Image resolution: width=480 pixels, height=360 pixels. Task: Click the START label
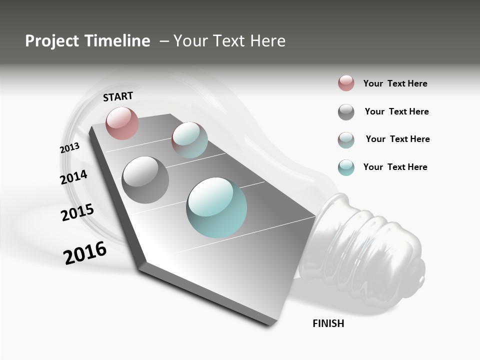[x=118, y=96]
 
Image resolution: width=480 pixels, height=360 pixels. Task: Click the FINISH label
[x=328, y=323]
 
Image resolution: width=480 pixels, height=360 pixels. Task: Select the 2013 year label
[x=69, y=148]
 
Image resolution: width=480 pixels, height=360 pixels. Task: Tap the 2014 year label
[x=73, y=177]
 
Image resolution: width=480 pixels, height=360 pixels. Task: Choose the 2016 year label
[x=85, y=253]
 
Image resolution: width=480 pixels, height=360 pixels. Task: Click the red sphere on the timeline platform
[x=122, y=123]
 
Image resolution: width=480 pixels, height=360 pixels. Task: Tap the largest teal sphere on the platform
[x=216, y=207]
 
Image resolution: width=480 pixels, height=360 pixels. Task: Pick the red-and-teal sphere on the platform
[x=189, y=139]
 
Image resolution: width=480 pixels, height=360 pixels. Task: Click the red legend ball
[x=346, y=83]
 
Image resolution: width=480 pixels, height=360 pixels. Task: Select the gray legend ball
[x=346, y=112]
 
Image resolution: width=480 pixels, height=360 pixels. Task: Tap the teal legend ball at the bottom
[x=346, y=167]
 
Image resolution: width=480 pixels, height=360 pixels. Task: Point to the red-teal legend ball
[x=346, y=140]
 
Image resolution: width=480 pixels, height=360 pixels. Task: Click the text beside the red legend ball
[x=395, y=83]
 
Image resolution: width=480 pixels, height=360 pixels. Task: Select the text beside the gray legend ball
[x=396, y=111]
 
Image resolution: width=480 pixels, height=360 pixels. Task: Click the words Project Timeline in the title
[x=87, y=41]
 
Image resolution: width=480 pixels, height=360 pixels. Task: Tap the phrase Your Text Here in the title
[x=229, y=41]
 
